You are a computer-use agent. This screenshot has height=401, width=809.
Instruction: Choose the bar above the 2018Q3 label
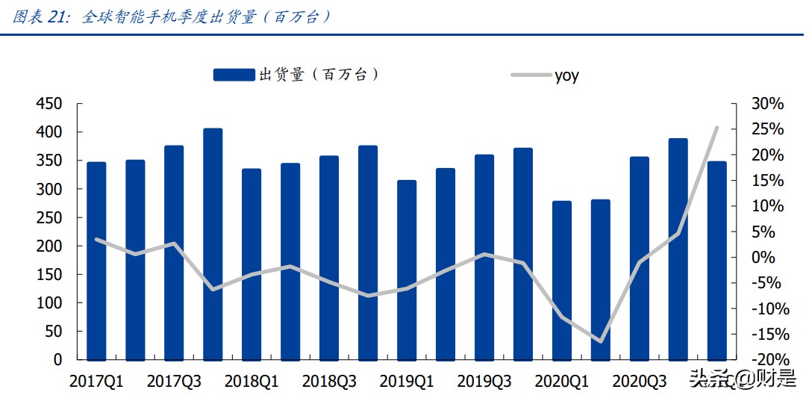329,257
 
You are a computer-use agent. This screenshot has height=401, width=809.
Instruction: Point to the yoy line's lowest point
600,341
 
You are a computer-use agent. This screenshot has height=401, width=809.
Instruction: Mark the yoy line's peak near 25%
716,128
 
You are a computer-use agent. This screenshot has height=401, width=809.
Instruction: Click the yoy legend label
566,75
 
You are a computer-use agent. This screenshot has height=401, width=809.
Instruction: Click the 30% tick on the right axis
768,104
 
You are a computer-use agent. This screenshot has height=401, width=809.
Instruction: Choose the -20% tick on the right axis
765,359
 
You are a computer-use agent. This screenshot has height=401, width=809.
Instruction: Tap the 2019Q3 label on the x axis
484,382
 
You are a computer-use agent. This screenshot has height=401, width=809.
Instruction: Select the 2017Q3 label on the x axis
174,382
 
